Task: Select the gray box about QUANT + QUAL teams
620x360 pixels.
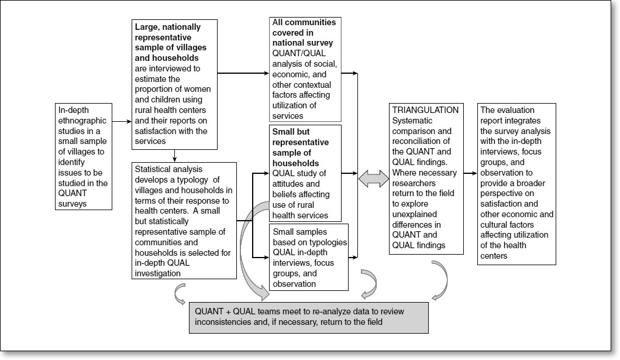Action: click(x=309, y=317)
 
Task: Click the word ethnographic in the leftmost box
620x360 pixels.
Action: click(x=84, y=121)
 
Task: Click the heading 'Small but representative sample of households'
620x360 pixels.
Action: click(x=299, y=146)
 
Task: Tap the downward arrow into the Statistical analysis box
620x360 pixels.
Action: click(x=175, y=156)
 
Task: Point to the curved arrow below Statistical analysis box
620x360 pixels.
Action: click(x=181, y=294)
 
